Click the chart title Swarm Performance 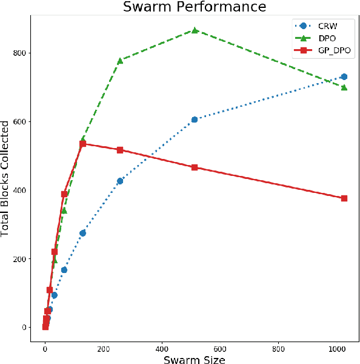point(194,7)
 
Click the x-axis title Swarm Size point(194,359)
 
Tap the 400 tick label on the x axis point(162,349)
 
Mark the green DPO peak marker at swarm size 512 point(195,30)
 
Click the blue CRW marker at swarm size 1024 point(344,76)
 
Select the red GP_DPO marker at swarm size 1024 point(344,198)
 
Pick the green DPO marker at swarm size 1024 point(344,87)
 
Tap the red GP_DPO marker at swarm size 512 point(195,167)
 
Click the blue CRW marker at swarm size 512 point(195,120)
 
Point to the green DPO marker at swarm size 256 point(120,61)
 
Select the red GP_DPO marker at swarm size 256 point(120,150)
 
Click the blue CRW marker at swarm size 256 point(120,181)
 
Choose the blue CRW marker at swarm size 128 point(82,233)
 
